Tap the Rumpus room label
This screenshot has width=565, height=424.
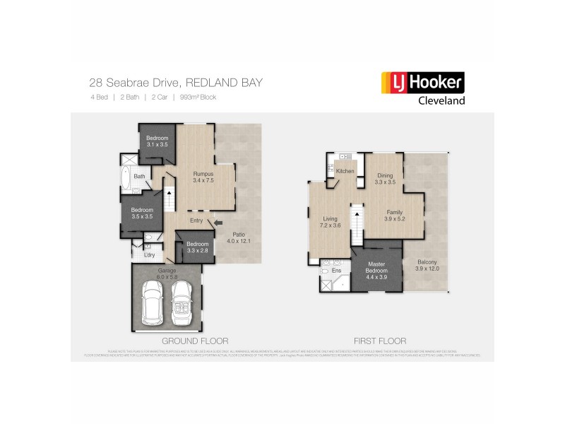click(203, 177)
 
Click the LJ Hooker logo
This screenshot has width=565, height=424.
click(422, 83)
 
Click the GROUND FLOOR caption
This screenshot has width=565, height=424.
click(195, 340)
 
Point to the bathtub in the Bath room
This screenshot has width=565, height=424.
click(125, 179)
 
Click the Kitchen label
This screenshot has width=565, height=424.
click(345, 172)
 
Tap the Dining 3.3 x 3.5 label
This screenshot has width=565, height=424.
click(385, 179)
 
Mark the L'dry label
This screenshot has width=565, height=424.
click(149, 254)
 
